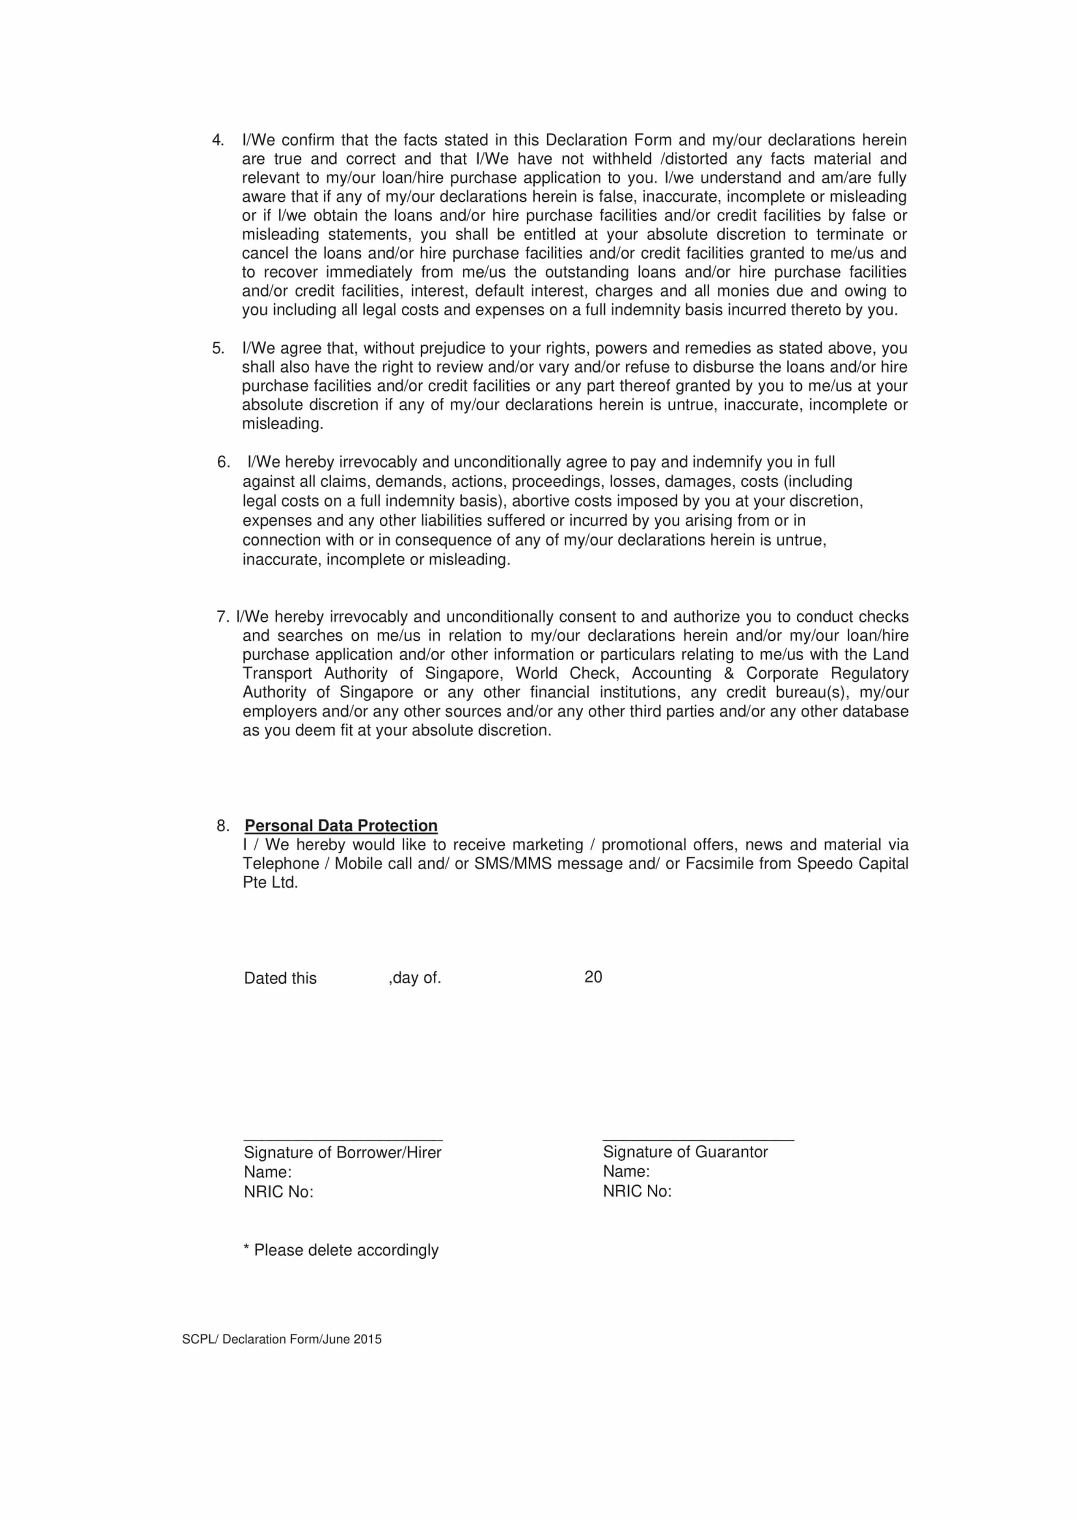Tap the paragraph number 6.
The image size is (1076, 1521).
pyautogui.click(x=223, y=462)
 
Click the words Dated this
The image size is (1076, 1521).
pyautogui.click(x=280, y=979)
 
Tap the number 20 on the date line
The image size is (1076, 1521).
pyautogui.click(x=593, y=977)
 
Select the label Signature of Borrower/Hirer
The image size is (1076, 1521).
pyautogui.click(x=343, y=1153)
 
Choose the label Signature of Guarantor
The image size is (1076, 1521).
pyautogui.click(x=685, y=1152)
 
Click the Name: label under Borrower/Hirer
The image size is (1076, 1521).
pyautogui.click(x=268, y=1172)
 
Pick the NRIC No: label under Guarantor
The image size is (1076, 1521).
pyautogui.click(x=637, y=1191)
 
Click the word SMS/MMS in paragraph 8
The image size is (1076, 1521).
pyautogui.click(x=512, y=864)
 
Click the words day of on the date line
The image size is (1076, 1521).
pyautogui.click(x=416, y=978)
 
